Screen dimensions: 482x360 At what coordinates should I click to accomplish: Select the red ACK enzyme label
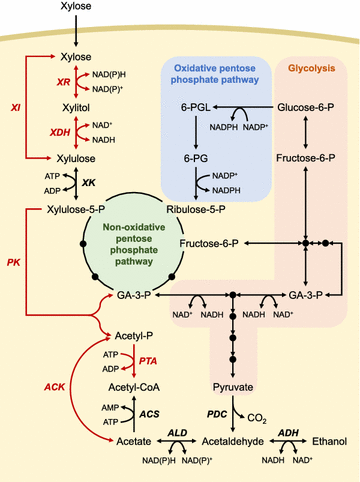click(54, 386)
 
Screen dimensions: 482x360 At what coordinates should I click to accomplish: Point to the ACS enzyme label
click(119, 413)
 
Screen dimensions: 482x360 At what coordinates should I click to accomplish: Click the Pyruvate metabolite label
click(232, 385)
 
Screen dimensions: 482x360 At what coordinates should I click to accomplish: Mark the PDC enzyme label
click(216, 413)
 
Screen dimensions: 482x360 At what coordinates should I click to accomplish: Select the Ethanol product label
click(328, 439)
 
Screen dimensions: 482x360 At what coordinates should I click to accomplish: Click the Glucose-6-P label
click(305, 107)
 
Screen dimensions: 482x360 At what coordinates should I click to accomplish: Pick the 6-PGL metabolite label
click(195, 107)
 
